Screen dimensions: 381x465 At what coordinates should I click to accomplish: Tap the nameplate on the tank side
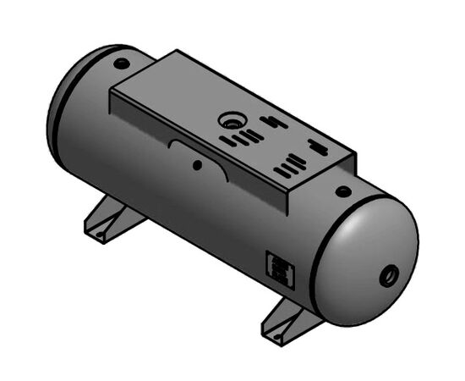pyautogui.click(x=279, y=269)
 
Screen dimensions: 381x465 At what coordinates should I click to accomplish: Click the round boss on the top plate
pyautogui.click(x=229, y=120)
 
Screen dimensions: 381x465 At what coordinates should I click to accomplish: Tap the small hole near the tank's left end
pyautogui.click(x=122, y=64)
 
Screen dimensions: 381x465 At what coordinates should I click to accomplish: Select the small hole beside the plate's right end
pyautogui.click(x=340, y=192)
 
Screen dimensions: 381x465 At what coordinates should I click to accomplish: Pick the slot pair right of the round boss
pyautogui.click(x=271, y=122)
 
